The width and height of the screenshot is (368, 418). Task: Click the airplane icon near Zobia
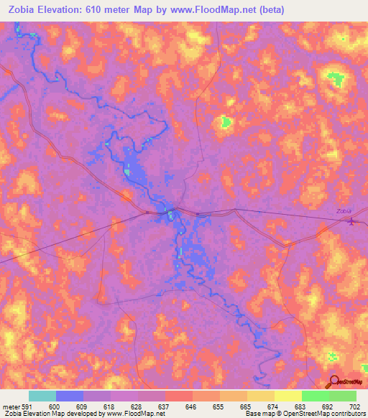pos(351,220)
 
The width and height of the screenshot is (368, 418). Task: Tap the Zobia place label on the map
pos(345,210)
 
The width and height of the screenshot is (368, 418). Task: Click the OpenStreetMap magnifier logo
pos(334,382)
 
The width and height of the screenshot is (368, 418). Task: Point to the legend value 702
pos(355,407)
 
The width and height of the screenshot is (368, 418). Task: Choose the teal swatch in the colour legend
pos(42,396)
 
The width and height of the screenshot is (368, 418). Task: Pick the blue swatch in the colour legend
pos(70,396)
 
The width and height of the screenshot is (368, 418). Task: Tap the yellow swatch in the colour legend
pos(287,396)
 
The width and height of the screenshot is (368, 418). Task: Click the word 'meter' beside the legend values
pos(10,407)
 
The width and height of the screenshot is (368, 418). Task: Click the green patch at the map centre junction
pos(171,214)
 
